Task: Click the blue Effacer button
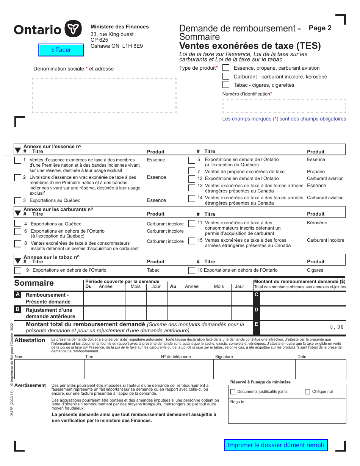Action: point(61,50)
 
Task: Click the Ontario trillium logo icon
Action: point(73,29)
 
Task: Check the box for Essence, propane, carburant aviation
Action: point(226,68)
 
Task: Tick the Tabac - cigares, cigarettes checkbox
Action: point(226,85)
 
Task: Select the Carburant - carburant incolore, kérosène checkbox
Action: point(226,76)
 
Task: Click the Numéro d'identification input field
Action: point(284,106)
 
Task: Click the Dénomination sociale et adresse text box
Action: point(104,95)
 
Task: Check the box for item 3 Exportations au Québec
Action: point(18,201)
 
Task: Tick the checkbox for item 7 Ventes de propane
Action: point(192,172)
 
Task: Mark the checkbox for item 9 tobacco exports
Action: point(18,271)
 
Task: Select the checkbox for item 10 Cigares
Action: point(192,271)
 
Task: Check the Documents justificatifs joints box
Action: point(233,392)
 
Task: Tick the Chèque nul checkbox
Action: point(307,392)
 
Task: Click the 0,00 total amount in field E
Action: point(337,327)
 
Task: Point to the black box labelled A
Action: point(17,294)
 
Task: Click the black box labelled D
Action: point(257,310)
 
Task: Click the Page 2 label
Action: point(320,28)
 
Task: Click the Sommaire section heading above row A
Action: point(34,283)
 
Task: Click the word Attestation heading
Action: point(30,340)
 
